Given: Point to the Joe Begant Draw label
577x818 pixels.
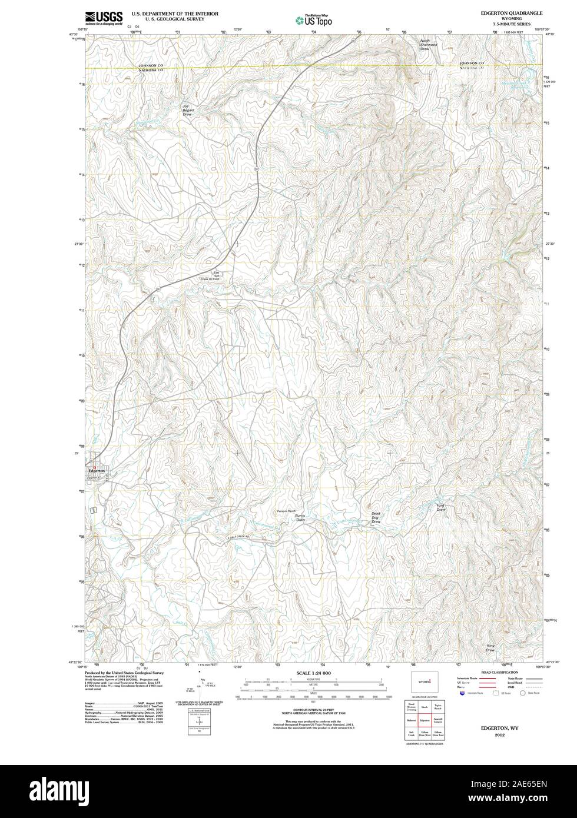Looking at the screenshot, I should [x=187, y=110].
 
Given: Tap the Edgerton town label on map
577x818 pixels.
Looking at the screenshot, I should [x=96, y=471].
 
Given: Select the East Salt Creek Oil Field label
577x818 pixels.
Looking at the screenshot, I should [x=216, y=276].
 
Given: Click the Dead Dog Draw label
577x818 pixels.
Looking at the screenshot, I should [x=376, y=518].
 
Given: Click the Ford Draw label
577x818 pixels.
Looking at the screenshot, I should [x=441, y=507].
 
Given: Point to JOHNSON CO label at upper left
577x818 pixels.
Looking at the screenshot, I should [x=150, y=64].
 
